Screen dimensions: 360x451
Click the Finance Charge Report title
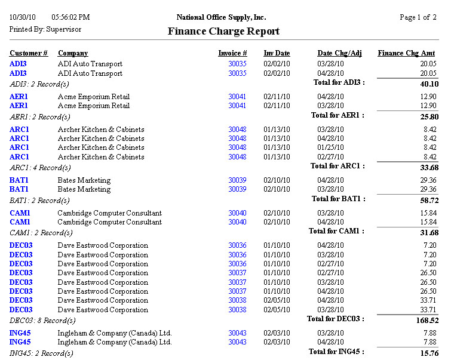point(223,32)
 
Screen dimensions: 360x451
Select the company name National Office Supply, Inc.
point(221,17)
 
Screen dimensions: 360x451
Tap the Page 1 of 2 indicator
point(418,17)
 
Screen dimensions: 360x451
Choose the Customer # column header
point(29,54)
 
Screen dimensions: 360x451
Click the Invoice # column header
point(232,54)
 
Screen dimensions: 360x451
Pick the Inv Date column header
point(277,54)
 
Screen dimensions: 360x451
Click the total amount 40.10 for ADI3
point(429,84)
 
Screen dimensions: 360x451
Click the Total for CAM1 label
point(336,231)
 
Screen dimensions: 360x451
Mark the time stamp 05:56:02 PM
point(70,17)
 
